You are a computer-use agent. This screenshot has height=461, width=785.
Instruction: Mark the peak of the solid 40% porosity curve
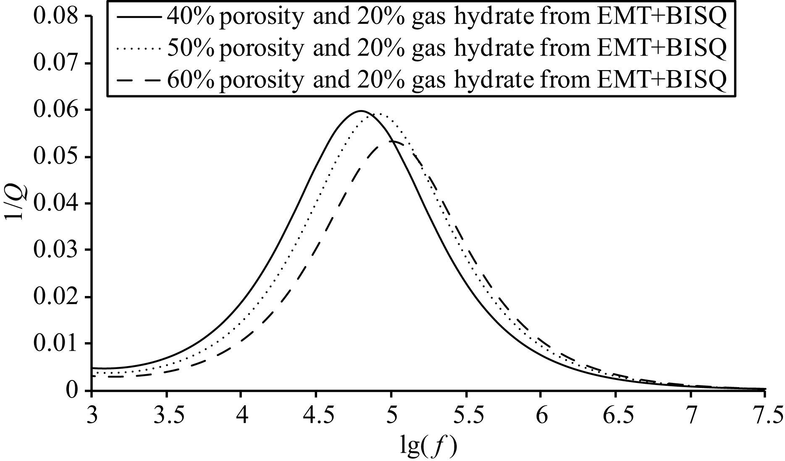tap(360, 111)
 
